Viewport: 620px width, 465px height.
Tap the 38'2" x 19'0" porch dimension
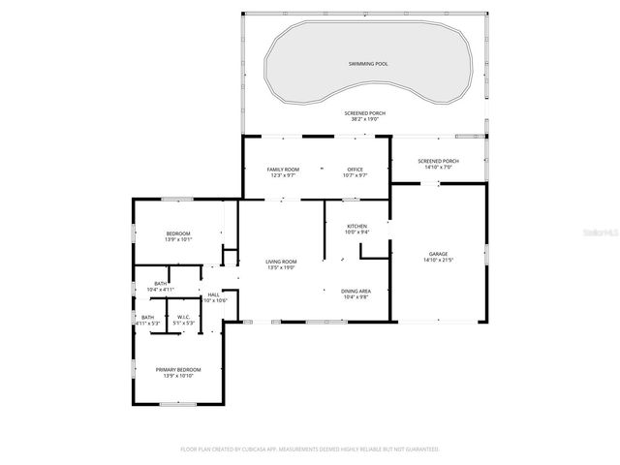click(364, 119)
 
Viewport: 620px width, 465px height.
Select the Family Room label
click(282, 170)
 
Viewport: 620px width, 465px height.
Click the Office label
click(356, 170)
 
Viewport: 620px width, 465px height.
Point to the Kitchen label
click(356, 226)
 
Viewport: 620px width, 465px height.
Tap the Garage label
click(438, 253)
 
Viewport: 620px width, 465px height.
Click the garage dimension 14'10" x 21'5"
click(438, 260)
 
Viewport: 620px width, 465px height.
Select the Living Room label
click(281, 261)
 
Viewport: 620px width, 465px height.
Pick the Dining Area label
click(356, 291)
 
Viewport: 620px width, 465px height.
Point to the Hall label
click(213, 294)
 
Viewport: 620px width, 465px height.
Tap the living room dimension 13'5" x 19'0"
click(281, 267)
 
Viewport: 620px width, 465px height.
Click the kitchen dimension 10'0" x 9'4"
click(356, 232)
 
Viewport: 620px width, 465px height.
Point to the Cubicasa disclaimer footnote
click(310, 449)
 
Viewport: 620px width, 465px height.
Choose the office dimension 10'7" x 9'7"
click(356, 176)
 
